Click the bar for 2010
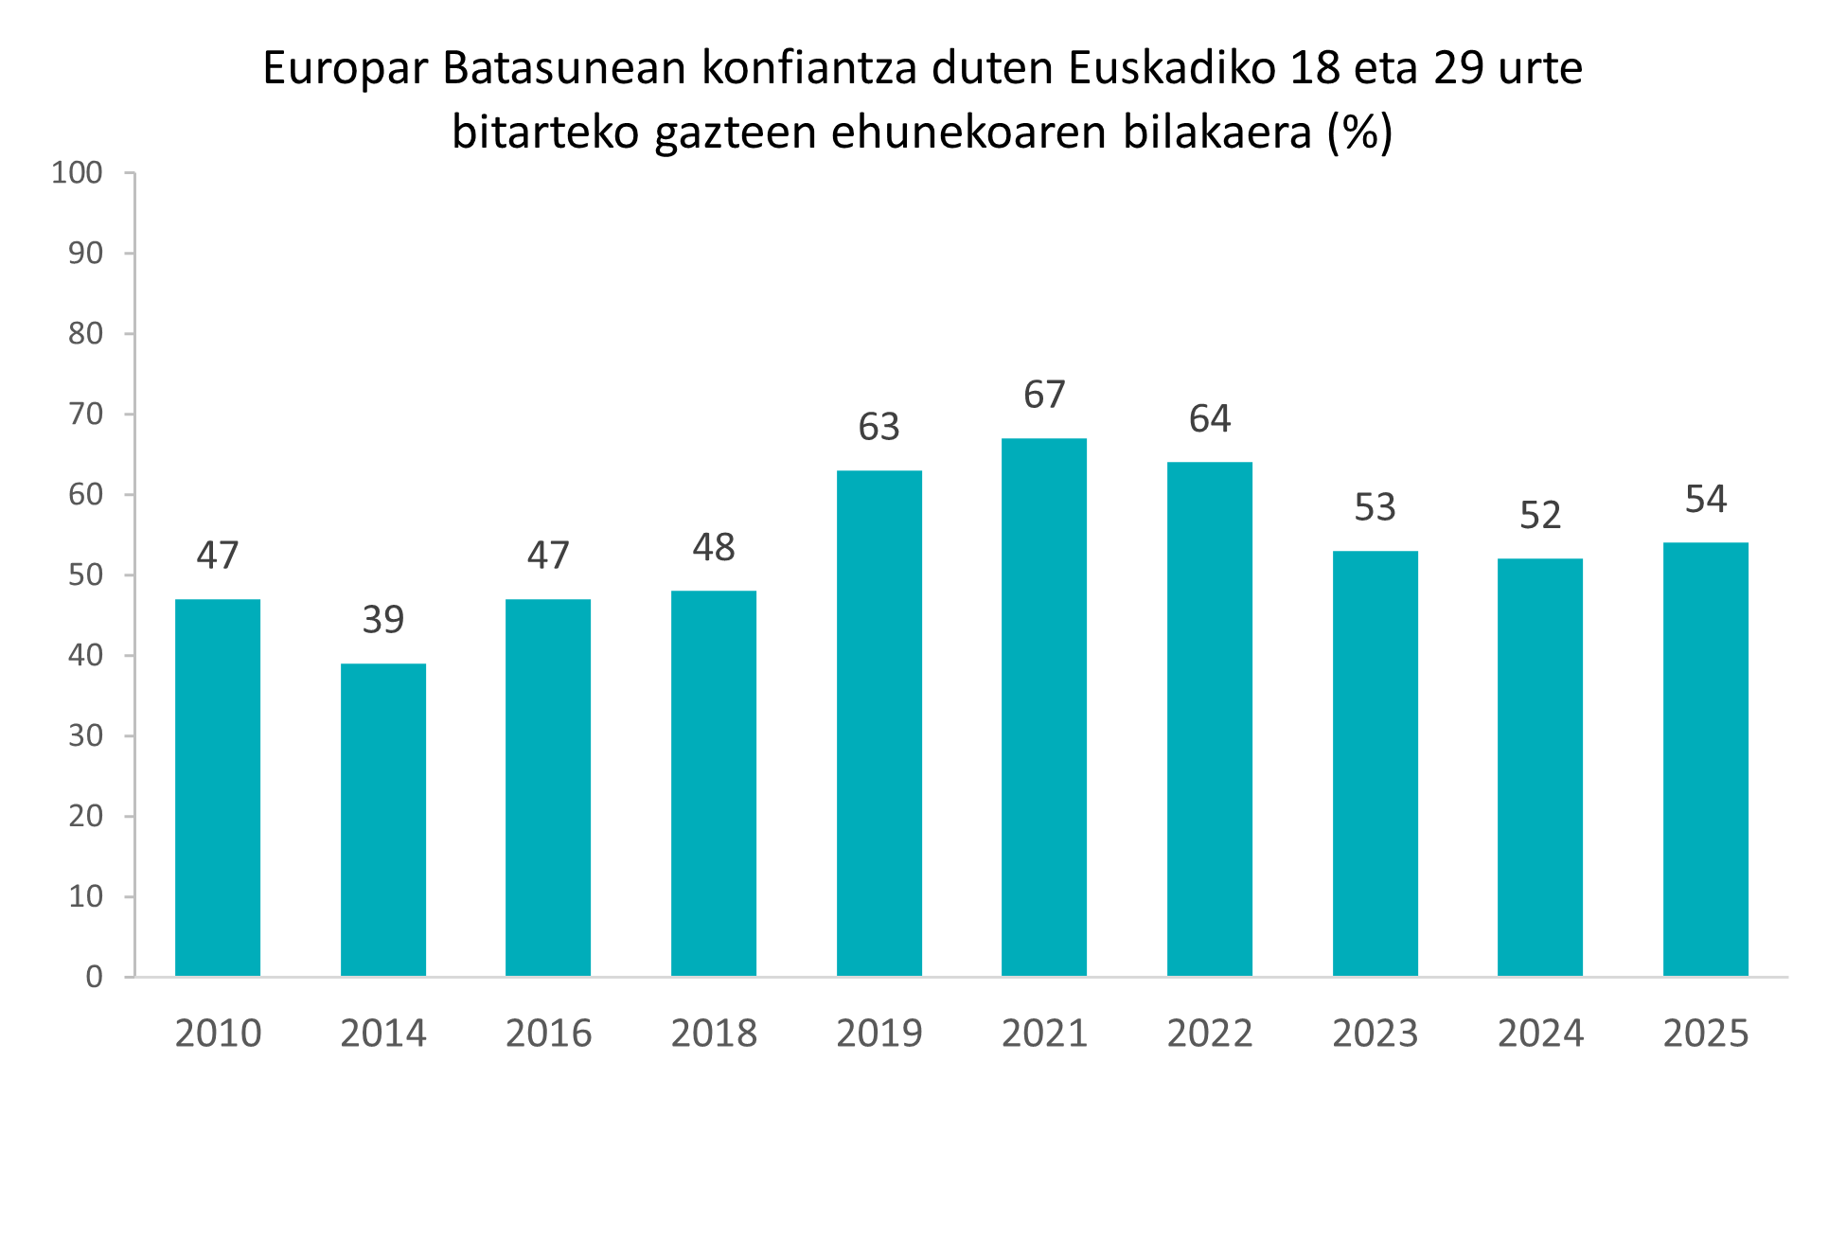218,787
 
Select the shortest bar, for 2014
383,820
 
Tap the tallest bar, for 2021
1044,707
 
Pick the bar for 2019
879,723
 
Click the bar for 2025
1706,759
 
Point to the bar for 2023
1376,763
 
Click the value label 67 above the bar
1044,395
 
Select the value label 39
383,620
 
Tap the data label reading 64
1210,419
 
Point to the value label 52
1540,515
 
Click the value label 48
714,547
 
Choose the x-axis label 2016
549,1033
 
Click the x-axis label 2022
1210,1033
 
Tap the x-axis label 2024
1540,1033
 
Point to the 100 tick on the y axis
78,172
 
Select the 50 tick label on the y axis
85,574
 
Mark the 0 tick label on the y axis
94,977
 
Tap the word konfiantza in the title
808,68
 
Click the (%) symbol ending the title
1359,133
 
